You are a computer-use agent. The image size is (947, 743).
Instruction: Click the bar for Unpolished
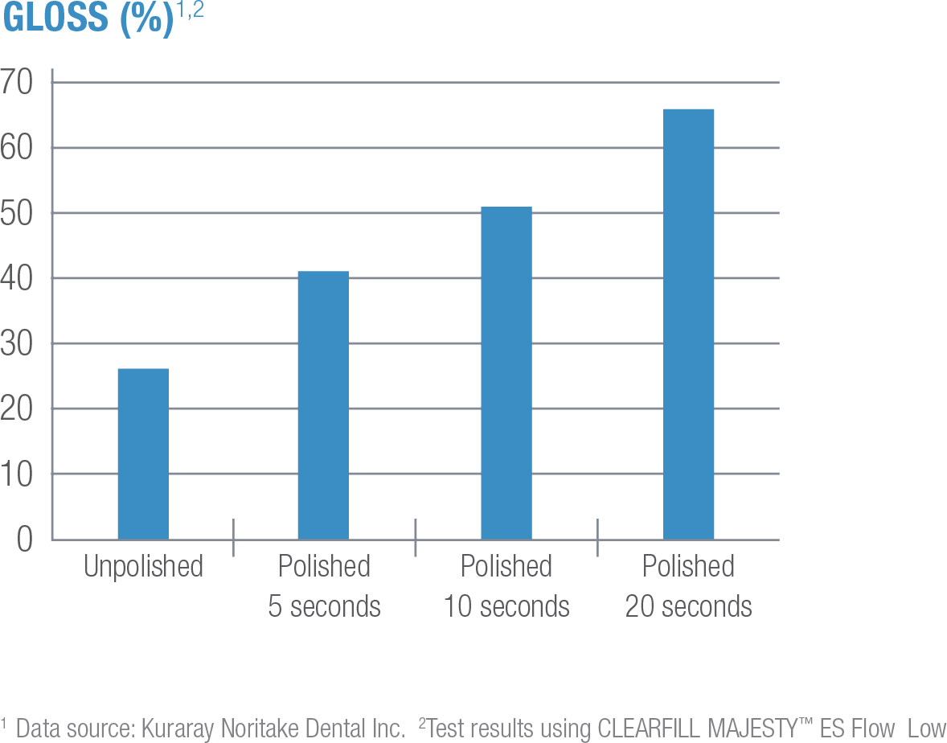click(143, 454)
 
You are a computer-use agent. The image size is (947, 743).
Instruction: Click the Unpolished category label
click(144, 567)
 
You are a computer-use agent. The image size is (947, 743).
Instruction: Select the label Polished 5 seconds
click(324, 585)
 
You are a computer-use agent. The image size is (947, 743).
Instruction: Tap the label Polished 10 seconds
click(506, 585)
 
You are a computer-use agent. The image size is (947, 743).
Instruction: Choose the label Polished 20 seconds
click(689, 585)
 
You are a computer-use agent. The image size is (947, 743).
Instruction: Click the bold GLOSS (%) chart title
click(88, 18)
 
